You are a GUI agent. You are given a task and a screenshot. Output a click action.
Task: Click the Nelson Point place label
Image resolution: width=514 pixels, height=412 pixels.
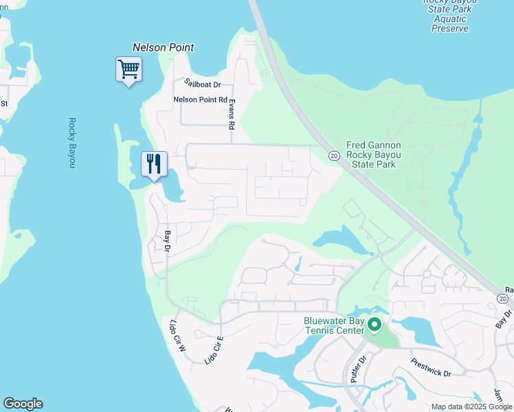(x=163, y=47)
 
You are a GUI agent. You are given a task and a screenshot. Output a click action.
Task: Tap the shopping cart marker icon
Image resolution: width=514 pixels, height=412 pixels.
(x=128, y=69)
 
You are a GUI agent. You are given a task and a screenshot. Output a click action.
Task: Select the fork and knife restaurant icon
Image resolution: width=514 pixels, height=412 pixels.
(x=154, y=164)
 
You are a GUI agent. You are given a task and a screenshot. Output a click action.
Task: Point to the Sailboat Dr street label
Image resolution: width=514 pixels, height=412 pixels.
(x=202, y=84)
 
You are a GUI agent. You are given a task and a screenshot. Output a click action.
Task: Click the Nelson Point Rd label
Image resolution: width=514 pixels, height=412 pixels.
(x=200, y=100)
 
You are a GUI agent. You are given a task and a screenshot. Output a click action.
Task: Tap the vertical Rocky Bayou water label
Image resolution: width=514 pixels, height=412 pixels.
(x=71, y=143)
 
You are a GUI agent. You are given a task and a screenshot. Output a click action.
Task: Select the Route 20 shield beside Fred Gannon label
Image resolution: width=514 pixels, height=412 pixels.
(x=333, y=155)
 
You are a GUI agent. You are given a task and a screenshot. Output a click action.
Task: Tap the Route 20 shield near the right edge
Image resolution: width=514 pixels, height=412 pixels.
(x=503, y=299)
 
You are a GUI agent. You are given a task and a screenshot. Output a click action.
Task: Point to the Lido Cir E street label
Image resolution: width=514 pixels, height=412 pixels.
(x=214, y=350)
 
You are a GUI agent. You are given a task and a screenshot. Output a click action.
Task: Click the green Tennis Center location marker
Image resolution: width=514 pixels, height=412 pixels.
(x=375, y=324)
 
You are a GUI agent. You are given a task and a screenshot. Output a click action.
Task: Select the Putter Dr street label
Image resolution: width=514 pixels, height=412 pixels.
(x=355, y=369)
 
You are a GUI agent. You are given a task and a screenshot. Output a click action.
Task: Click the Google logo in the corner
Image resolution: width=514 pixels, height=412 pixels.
(x=23, y=404)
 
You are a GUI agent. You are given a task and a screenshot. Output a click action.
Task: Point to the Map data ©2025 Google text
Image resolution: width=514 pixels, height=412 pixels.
(x=471, y=407)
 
